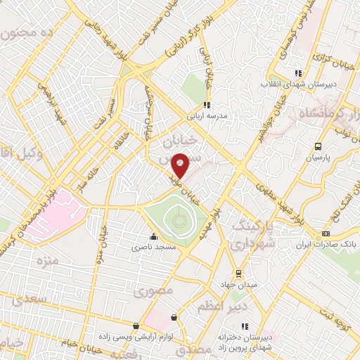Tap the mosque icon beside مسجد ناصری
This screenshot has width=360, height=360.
tap(154, 237)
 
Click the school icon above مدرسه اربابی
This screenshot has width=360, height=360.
tap(206, 105)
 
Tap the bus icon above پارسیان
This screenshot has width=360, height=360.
tap(318, 147)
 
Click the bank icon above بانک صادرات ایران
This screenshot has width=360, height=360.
tap(325, 234)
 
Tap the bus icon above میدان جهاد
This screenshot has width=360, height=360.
tap(238, 273)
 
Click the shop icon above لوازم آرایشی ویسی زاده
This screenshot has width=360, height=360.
tap(136, 326)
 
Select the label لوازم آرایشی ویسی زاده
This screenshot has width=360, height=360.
tap(135, 337)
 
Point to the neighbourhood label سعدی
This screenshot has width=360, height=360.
tap(28, 299)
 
